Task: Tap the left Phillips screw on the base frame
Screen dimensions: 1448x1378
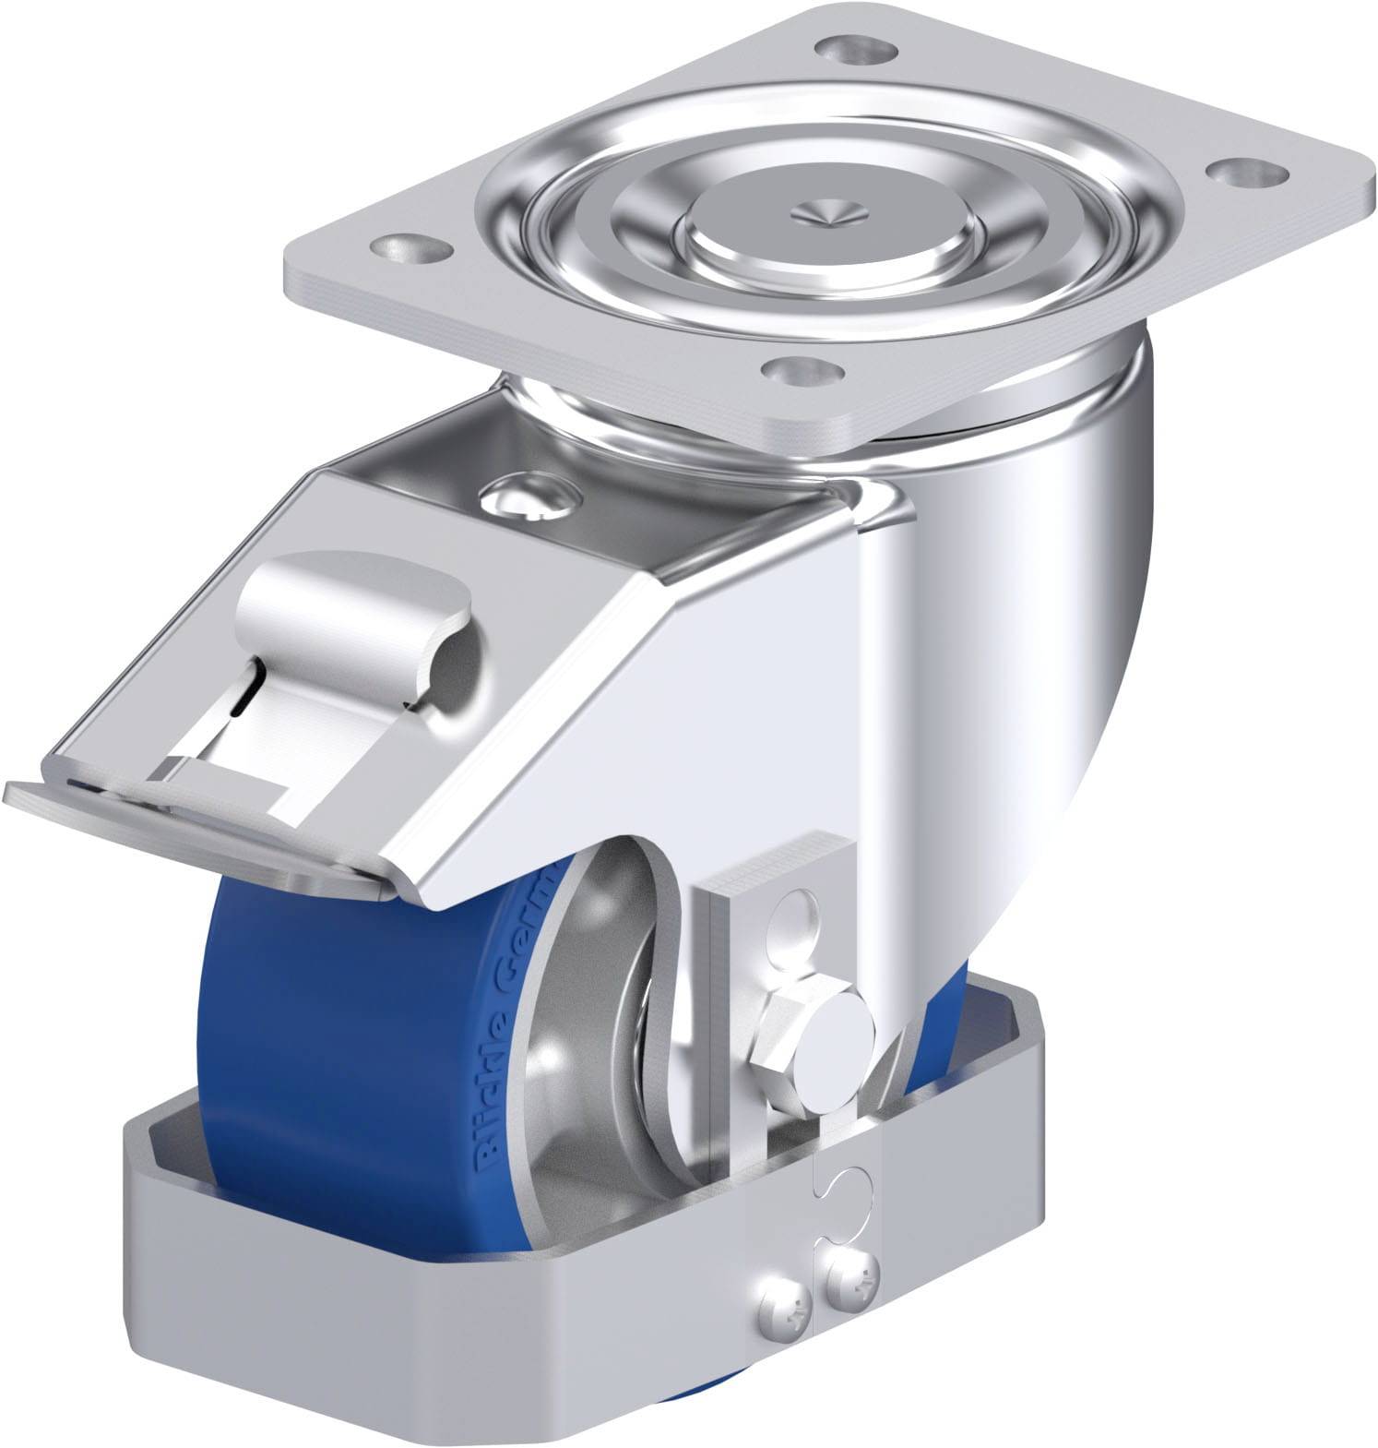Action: coord(783,1302)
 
